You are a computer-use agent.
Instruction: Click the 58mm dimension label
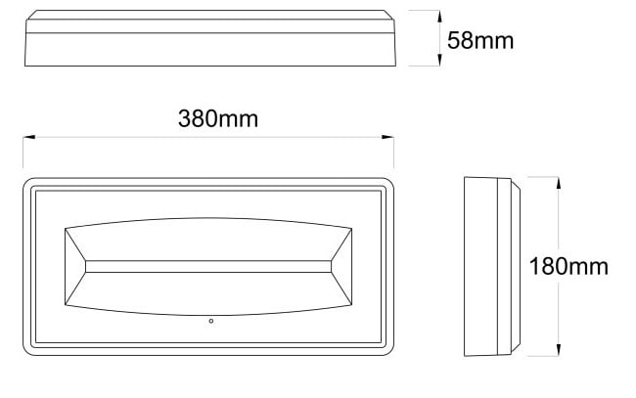(x=480, y=41)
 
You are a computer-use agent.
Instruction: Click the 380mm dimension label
(x=218, y=118)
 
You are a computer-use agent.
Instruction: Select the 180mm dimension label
(x=568, y=267)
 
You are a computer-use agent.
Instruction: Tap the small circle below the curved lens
(x=211, y=321)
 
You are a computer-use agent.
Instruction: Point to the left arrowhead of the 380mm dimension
(x=28, y=138)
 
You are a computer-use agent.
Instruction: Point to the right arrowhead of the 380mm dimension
(x=387, y=138)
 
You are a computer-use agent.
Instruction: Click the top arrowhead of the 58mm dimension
(x=439, y=17)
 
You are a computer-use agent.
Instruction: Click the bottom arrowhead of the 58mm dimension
(x=439, y=60)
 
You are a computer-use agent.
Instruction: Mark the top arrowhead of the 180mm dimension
(x=559, y=183)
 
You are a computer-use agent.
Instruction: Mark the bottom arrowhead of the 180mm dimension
(x=559, y=350)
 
